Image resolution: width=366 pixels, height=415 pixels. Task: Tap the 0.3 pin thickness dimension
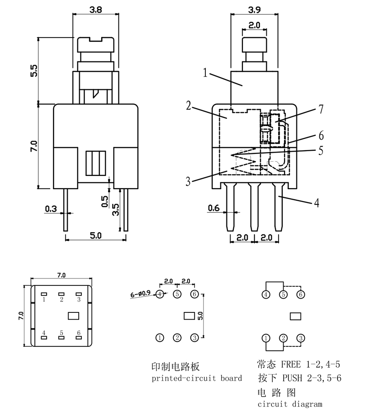point(51,209)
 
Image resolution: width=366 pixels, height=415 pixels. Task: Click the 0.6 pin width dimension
point(214,208)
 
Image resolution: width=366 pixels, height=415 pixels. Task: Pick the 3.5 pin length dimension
point(115,210)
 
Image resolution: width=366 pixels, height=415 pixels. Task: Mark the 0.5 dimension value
point(104,201)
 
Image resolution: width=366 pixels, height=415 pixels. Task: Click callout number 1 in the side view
point(205,73)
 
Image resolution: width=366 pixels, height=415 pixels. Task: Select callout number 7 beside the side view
point(321,109)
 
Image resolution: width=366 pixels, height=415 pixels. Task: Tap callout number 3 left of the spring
point(188,182)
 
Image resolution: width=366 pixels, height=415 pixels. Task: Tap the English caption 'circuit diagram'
point(290,404)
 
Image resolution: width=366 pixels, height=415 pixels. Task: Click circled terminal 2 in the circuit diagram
point(283,338)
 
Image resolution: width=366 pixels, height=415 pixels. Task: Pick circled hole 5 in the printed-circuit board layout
point(177,294)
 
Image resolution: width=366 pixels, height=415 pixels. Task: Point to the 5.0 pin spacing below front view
point(95,235)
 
